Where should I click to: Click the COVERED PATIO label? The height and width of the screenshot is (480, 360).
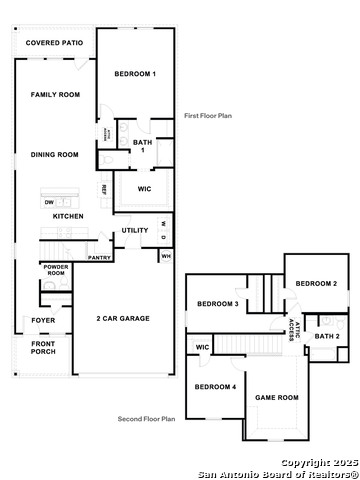pyautogui.click(x=54, y=43)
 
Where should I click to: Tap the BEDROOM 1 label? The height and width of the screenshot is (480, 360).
pyautogui.click(x=135, y=74)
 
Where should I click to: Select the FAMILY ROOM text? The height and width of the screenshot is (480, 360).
pyautogui.click(x=54, y=94)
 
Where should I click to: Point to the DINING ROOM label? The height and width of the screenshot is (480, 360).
pyautogui.click(x=54, y=154)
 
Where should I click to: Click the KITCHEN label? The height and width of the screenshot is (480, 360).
pyautogui.click(x=67, y=216)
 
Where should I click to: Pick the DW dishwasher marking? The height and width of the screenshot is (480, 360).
pyautogui.click(x=49, y=202)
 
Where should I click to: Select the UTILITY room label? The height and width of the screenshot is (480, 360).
pyautogui.click(x=135, y=230)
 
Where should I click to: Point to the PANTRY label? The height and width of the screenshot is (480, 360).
pyautogui.click(x=99, y=257)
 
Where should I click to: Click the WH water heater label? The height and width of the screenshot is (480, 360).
pyautogui.click(x=165, y=256)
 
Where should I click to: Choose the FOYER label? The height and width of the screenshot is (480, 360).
pyautogui.click(x=43, y=320)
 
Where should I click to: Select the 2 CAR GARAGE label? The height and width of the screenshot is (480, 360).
pyautogui.click(x=123, y=318)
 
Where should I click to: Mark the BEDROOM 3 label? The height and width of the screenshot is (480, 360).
pyautogui.click(x=216, y=304)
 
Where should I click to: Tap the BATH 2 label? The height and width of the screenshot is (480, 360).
pyautogui.click(x=327, y=336)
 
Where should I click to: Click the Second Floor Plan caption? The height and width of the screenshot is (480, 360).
pyautogui.click(x=146, y=419)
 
